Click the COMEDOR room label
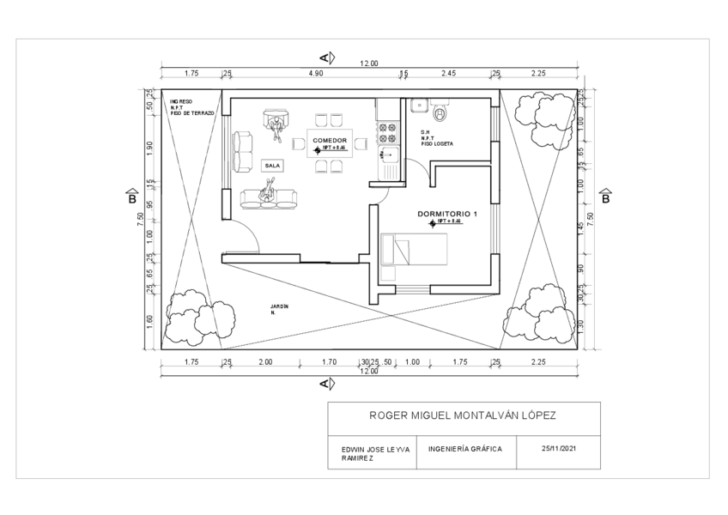(x=330, y=140)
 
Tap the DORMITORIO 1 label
(x=446, y=213)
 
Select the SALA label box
(x=273, y=165)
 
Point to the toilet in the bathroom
(x=442, y=112)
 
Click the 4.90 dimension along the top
(x=316, y=75)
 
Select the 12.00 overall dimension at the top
(x=369, y=64)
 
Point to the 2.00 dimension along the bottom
(x=264, y=362)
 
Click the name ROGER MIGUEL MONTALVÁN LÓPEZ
(x=463, y=415)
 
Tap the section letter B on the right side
(x=604, y=199)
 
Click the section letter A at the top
(x=325, y=58)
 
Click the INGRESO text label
(x=181, y=101)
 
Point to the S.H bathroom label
(x=425, y=132)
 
